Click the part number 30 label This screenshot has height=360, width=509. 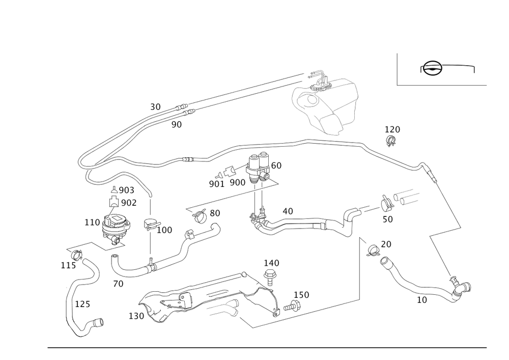point(155,107)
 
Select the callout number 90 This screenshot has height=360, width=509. point(176,124)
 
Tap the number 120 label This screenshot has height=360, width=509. point(392,130)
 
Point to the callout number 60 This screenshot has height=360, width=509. point(276,165)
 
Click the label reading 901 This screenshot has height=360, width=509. point(216,183)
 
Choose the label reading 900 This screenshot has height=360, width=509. point(238,182)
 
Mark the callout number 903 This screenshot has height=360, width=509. point(126,191)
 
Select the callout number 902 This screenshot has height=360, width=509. point(128,203)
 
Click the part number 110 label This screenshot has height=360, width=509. point(93,222)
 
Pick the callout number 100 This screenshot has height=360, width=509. point(165,230)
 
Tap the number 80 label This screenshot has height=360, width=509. point(215,214)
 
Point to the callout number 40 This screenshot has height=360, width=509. point(288,210)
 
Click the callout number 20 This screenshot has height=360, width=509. point(386,244)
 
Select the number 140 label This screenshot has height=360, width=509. point(271,263)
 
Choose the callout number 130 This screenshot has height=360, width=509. point(137,316)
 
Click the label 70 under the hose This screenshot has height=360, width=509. point(118,284)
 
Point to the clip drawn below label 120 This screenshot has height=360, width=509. point(391,142)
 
